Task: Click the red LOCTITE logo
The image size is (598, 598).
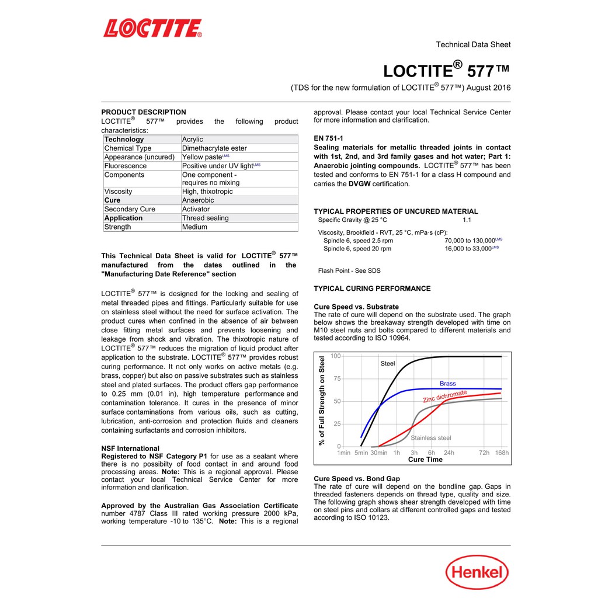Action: [x=152, y=28]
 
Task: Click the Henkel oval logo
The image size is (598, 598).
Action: [x=477, y=572]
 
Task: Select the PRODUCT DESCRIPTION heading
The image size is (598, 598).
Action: [x=144, y=112]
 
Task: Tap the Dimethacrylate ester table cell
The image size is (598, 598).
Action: [x=214, y=148]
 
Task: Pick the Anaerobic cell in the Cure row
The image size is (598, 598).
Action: [x=198, y=200]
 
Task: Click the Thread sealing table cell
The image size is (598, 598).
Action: [x=205, y=218]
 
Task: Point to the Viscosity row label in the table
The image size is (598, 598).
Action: [x=118, y=192]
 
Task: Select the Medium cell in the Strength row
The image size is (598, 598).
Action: [x=194, y=227]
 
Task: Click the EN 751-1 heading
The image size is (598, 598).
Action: [x=328, y=138]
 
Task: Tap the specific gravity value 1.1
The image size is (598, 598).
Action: [x=467, y=220]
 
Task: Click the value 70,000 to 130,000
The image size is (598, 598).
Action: [x=470, y=241]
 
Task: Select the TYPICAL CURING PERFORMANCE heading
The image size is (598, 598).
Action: [x=372, y=288]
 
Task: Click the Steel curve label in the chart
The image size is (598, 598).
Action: [x=388, y=364]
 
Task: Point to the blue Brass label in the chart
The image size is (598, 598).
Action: [x=448, y=384]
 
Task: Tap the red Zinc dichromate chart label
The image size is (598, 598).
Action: [x=444, y=397]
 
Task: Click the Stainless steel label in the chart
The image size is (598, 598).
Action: [x=431, y=438]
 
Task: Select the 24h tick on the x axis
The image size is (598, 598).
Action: [x=448, y=453]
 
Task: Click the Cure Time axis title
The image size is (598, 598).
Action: [x=425, y=460]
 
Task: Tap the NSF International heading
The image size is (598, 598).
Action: [x=130, y=448]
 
